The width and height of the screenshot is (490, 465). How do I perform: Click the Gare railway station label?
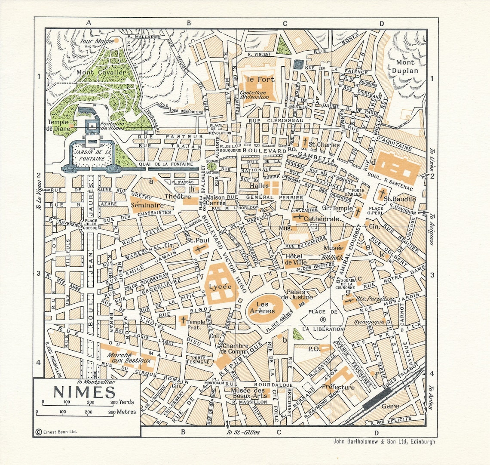point(390,406)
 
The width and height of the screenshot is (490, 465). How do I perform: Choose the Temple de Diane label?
point(58,125)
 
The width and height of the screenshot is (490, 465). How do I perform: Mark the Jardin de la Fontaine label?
point(91,155)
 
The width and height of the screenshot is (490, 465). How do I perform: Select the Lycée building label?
point(220,286)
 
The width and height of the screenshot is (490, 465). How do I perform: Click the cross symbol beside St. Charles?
point(305,142)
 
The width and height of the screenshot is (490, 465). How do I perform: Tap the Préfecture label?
point(338,387)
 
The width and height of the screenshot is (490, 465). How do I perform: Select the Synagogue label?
point(368,321)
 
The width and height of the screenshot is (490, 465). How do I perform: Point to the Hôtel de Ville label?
point(294,259)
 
